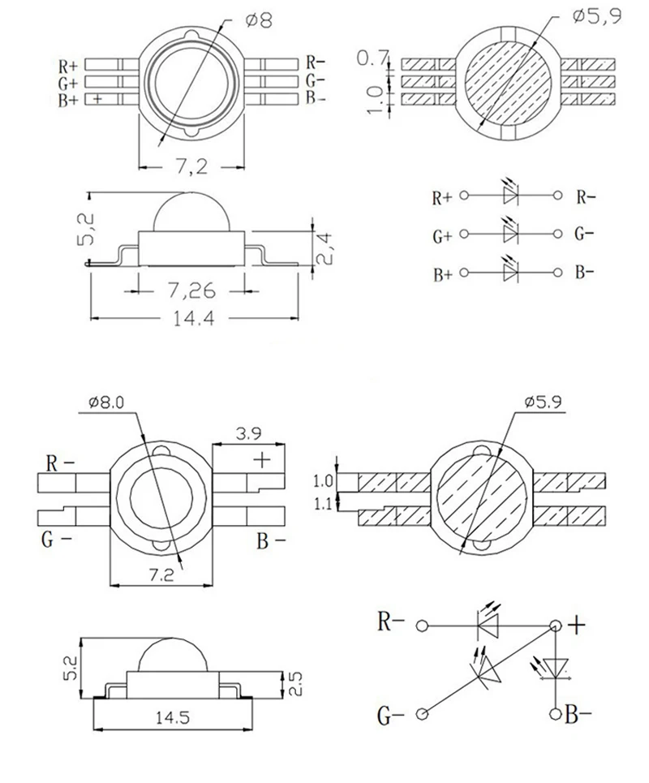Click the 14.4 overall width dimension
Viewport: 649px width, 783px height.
coord(193,319)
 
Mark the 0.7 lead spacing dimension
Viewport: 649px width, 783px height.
coord(372,58)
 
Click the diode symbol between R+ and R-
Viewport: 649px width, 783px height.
coord(510,195)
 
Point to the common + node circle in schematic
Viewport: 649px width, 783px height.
coord(556,626)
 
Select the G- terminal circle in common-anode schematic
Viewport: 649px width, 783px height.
coord(422,714)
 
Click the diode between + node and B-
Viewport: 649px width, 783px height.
coord(556,668)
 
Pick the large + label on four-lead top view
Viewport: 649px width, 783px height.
coord(262,460)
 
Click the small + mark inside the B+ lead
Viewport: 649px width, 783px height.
coord(98,99)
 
